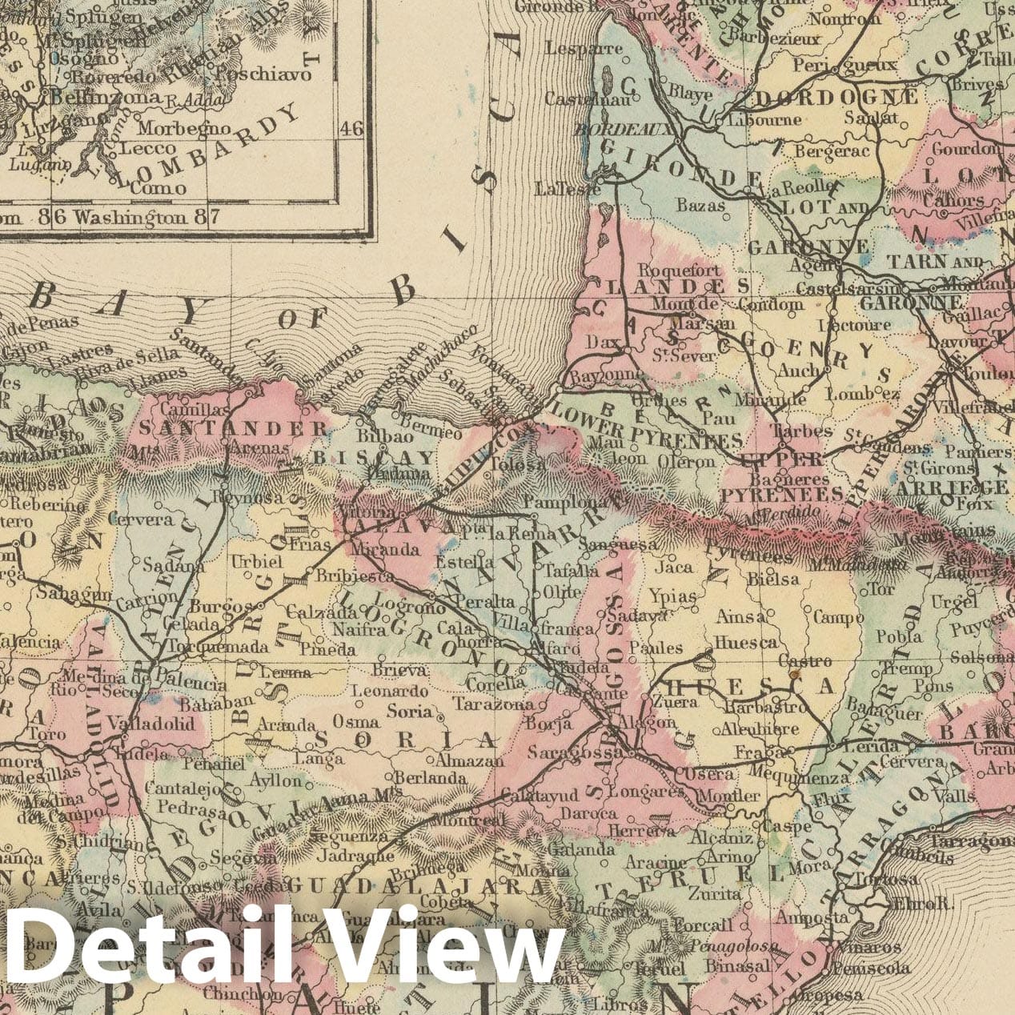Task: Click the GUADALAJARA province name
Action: [x=415, y=886]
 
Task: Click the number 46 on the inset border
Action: [x=351, y=129]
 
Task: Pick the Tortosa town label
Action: [x=879, y=879]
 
